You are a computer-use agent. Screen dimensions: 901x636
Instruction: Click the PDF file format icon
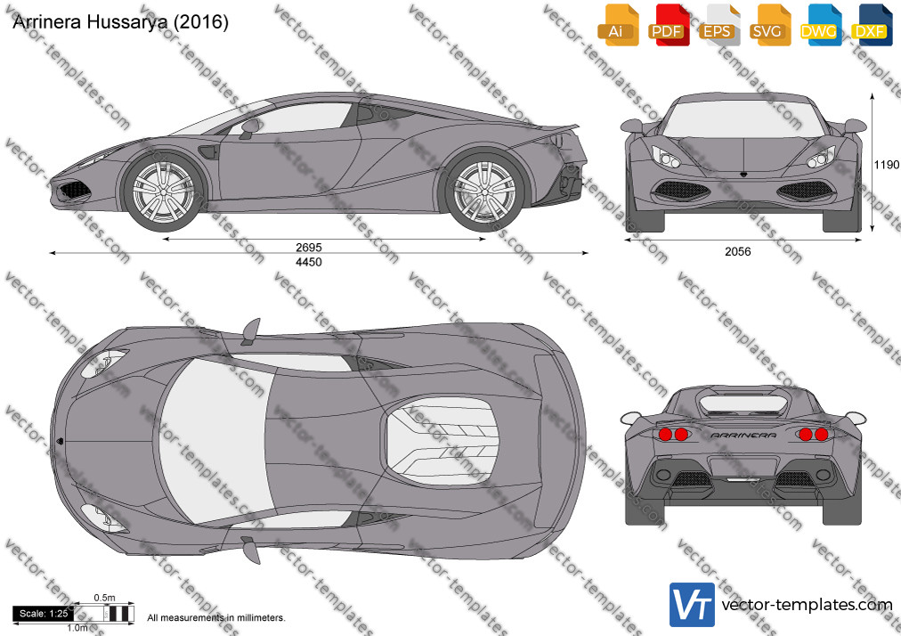point(669,25)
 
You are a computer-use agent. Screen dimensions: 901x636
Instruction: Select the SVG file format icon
point(770,25)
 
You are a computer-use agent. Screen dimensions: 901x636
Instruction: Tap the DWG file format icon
point(821,25)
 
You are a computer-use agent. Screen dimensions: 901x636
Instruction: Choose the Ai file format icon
point(618,25)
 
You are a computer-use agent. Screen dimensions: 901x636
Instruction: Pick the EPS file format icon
point(719,25)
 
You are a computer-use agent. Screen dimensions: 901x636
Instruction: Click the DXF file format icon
point(871,25)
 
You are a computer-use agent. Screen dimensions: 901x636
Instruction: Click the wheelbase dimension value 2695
point(309,248)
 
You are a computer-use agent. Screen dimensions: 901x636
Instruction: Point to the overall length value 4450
point(309,262)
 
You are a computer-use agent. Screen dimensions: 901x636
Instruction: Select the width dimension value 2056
point(738,251)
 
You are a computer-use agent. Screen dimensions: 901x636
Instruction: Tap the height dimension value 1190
point(887,165)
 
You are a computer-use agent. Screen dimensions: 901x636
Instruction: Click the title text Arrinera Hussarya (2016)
point(121,22)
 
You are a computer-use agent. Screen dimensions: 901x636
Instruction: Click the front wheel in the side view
point(164,192)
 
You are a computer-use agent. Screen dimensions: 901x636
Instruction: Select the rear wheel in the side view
point(484,192)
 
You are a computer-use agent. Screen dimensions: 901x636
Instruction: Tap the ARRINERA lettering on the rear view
point(743,436)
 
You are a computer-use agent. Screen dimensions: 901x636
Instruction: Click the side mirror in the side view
point(249,128)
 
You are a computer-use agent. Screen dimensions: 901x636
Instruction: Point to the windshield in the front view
point(743,119)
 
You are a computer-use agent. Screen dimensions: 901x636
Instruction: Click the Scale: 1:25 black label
point(43,614)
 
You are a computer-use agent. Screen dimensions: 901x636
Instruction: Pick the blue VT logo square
point(692,605)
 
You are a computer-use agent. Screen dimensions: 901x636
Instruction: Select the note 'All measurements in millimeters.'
point(216,617)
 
